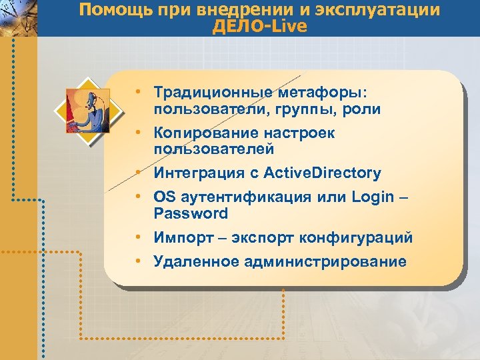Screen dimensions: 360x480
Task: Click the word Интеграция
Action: point(195,173)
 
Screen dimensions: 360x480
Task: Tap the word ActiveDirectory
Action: point(322,173)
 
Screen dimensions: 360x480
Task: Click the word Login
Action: point(372,198)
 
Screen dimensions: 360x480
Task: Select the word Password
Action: point(191,214)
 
